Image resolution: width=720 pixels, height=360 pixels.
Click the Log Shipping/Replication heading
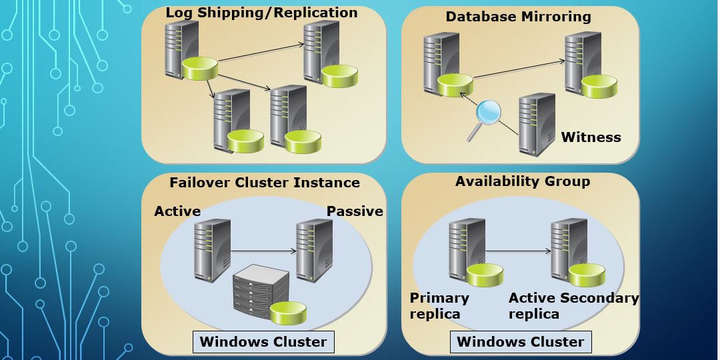[261, 13]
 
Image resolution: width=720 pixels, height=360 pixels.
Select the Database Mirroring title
[518, 17]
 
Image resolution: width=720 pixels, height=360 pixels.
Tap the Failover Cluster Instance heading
[264, 183]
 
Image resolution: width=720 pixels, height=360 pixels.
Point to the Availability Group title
[522, 181]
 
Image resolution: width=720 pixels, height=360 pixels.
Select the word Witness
[591, 137]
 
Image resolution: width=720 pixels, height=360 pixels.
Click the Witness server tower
[537, 124]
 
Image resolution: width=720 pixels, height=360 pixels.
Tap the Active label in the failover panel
[177, 211]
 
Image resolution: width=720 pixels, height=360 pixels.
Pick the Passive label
[355, 211]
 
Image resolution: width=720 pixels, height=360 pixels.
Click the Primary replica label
[439, 306]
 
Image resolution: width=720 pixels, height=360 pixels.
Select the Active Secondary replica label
[573, 306]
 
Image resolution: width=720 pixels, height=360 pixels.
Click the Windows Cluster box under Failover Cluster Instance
[263, 343]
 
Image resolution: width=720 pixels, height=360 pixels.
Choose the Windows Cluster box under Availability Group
[521, 343]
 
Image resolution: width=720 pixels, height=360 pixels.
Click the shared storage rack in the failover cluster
[261, 291]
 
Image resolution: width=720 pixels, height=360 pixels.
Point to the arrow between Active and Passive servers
[263, 251]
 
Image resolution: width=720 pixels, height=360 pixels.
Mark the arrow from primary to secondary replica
[518, 251]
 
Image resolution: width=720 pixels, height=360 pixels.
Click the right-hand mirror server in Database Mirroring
[582, 61]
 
